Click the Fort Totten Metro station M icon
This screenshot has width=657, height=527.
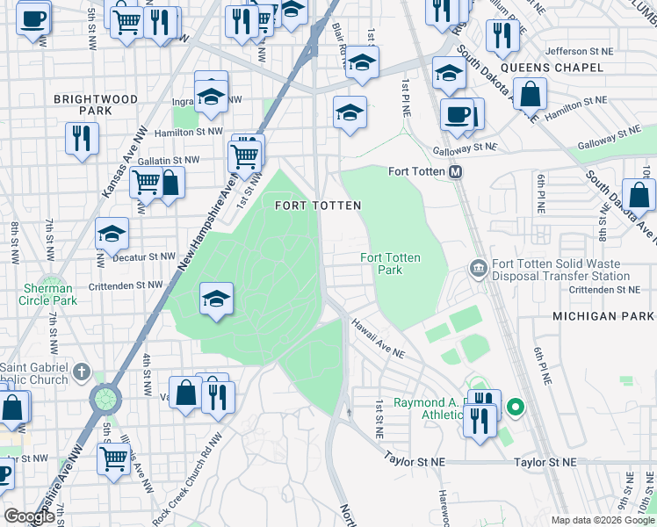point(456,172)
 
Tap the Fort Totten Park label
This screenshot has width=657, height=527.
point(390,263)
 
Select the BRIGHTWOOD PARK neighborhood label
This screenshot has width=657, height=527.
point(96,105)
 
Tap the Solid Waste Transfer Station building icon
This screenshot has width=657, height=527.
point(479,266)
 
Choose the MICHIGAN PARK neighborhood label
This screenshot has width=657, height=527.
point(604,315)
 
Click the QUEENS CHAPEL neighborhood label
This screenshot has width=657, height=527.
point(552,68)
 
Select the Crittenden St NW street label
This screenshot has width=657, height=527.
point(126,285)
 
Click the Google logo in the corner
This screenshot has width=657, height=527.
point(29,516)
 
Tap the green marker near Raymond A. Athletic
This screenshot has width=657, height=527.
point(516,408)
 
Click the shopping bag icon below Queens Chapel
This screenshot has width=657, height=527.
point(531,94)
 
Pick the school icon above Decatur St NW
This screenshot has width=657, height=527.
point(112,234)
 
